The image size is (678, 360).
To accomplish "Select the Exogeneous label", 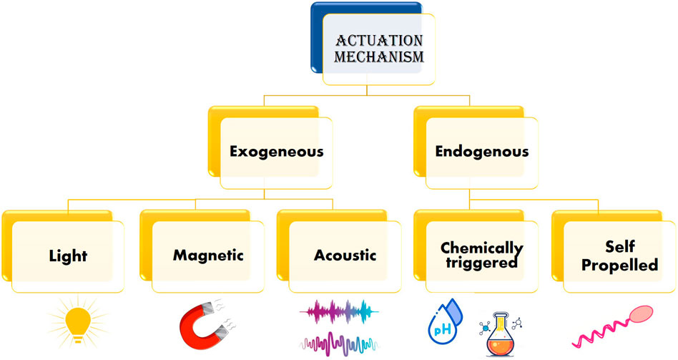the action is [x=276, y=152].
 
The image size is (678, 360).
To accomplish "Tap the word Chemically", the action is [x=482, y=248].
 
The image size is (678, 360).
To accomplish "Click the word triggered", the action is [x=481, y=263].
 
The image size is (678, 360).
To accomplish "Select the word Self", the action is [x=619, y=248].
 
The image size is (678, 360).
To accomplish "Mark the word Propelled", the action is [x=619, y=264].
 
